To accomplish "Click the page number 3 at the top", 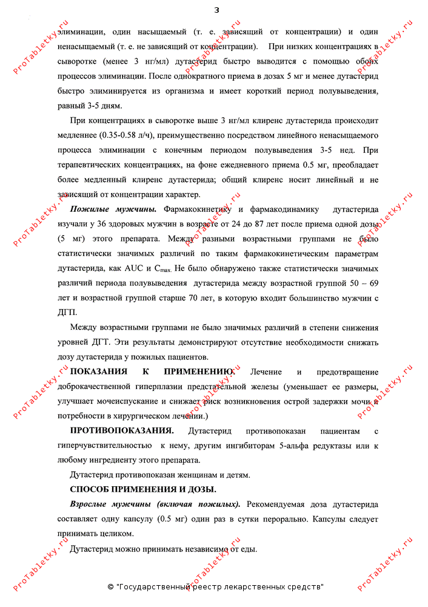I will click(x=216, y=10).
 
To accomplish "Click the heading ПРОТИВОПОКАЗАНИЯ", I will click(x=122, y=431).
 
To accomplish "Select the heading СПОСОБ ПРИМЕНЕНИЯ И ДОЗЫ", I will click(x=143, y=489).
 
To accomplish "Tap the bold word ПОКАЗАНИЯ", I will click(x=99, y=371).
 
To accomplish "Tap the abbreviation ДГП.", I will click(x=67, y=313).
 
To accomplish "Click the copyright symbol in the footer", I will click(x=110, y=587).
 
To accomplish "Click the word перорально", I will click(x=292, y=520).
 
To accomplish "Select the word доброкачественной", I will click(x=95, y=386).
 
